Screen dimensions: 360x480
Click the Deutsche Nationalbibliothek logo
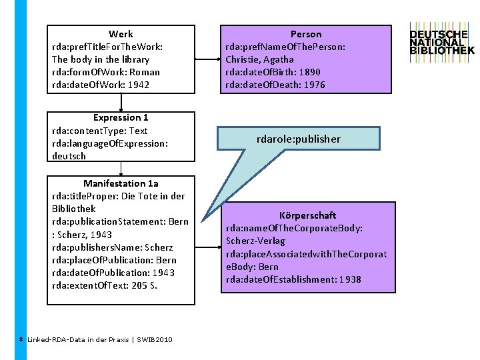[x=441, y=41]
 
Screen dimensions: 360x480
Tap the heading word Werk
[x=121, y=34]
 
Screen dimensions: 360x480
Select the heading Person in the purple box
[x=306, y=34]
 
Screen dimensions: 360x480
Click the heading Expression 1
[x=121, y=118]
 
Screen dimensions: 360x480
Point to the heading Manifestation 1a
[x=121, y=183]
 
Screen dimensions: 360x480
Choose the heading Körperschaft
[x=307, y=215]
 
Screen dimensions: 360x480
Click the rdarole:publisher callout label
[x=299, y=139]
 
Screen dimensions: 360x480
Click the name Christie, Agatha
[x=260, y=59]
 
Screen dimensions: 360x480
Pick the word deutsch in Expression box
[x=69, y=156]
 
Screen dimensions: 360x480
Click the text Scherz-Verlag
[x=255, y=241]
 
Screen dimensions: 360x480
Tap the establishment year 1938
[x=349, y=279]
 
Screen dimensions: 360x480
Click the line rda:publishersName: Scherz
[x=112, y=247]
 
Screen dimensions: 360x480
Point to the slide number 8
[x=21, y=339]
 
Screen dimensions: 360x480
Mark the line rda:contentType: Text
[x=99, y=131]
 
